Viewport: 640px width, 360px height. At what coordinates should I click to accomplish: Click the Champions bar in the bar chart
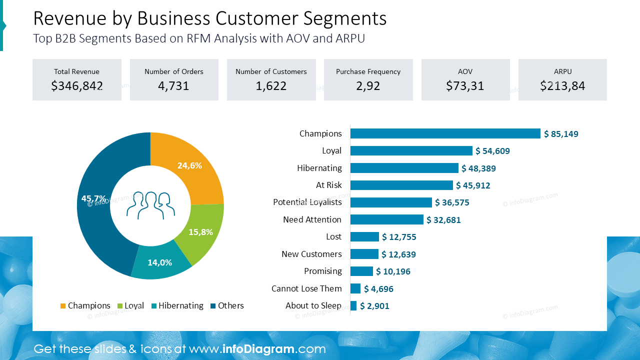[x=445, y=133]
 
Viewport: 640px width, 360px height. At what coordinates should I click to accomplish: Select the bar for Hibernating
[x=404, y=168]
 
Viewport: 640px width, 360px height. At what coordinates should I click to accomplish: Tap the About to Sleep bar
[x=353, y=306]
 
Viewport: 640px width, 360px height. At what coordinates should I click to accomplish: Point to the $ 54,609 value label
[x=492, y=151]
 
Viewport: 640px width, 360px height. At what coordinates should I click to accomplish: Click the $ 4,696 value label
[x=378, y=289]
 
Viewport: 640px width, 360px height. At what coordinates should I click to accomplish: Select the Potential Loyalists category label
[x=307, y=202]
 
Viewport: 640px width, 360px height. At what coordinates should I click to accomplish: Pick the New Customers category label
[x=311, y=254]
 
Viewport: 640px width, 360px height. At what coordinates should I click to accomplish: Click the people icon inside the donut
[x=150, y=205]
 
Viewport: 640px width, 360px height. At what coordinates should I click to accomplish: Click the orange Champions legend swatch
[x=63, y=306]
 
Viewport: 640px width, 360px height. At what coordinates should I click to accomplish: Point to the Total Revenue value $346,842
[x=77, y=86]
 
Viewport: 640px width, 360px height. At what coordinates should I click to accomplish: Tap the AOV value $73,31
[x=465, y=86]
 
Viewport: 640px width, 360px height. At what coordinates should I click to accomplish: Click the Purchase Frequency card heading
[x=368, y=71]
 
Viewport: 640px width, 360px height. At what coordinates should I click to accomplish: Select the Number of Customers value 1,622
[x=271, y=86]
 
